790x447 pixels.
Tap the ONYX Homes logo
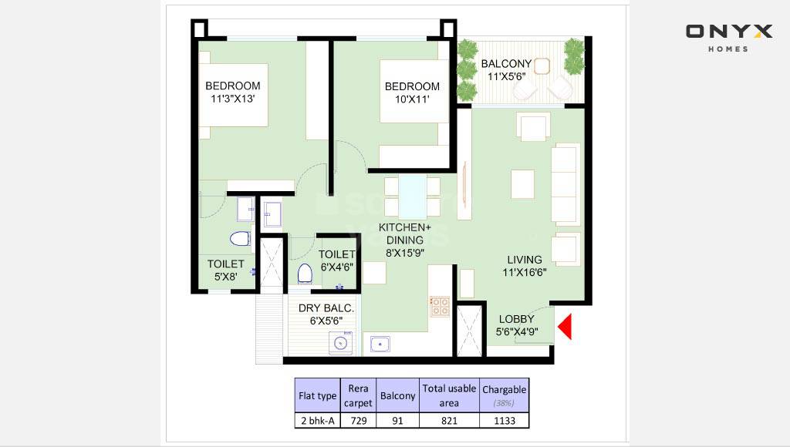pyautogui.click(x=728, y=37)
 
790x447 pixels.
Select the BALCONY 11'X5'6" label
pyautogui.click(x=505, y=70)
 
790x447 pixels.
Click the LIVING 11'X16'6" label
pyautogui.click(x=524, y=266)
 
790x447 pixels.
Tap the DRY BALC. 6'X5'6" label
pyautogui.click(x=326, y=314)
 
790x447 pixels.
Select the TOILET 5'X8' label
pyautogui.click(x=225, y=270)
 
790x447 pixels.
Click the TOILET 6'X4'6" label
pyautogui.click(x=337, y=260)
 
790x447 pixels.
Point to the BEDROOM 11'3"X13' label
pyautogui.click(x=232, y=92)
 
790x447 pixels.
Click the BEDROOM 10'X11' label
pyautogui.click(x=412, y=92)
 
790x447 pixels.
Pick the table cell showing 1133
pyautogui.click(x=504, y=420)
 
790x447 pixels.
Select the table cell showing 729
pyautogui.click(x=358, y=420)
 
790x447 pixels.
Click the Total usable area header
pyautogui.click(x=449, y=395)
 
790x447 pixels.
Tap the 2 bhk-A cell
pyautogui.click(x=318, y=420)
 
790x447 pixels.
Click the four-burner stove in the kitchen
pyautogui.click(x=440, y=307)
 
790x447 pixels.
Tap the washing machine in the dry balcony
pyautogui.click(x=339, y=343)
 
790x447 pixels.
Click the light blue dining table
pyautogui.click(x=412, y=197)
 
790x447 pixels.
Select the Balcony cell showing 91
pyautogui.click(x=397, y=420)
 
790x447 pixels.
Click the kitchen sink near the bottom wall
pyautogui.click(x=380, y=344)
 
